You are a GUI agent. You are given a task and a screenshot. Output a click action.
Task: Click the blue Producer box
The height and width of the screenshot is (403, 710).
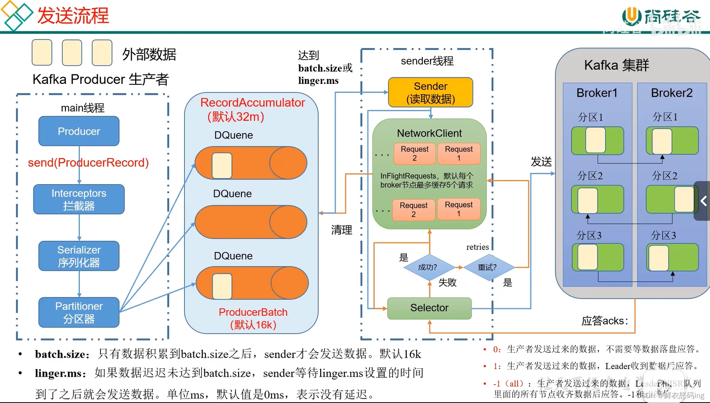coord(79,131)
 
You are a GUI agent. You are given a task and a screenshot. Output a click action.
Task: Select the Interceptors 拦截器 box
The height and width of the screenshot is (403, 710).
coord(79,199)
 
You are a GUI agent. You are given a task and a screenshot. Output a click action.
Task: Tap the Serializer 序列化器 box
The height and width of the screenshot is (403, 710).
coord(79,256)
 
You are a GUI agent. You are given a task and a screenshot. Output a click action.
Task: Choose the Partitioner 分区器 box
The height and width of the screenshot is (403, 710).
coord(79,312)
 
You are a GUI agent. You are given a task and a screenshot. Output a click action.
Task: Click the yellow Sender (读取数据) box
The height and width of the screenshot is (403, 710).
coord(430,93)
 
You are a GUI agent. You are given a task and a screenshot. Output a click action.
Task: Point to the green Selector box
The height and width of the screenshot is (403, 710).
coord(429,308)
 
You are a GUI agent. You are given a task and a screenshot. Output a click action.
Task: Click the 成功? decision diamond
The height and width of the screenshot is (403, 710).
coord(428,267)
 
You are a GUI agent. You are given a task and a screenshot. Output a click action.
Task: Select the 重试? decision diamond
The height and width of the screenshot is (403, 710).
coord(487,267)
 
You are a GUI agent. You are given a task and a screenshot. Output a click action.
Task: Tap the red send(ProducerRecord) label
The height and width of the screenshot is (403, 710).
coord(88,163)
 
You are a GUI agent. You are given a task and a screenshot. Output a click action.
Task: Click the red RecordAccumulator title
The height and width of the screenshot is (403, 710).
coord(252,103)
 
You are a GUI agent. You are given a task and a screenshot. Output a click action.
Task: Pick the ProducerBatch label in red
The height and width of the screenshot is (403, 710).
coord(253,312)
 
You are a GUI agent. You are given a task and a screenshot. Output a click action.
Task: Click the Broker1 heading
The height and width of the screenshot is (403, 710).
coord(597,93)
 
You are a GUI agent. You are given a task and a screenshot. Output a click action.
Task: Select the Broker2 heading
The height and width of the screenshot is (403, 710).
coord(671,93)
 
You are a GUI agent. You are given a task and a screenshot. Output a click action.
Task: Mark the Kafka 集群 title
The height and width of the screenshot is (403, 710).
coord(616,65)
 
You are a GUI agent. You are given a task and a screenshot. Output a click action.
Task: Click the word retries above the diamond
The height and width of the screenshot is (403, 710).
coord(477,247)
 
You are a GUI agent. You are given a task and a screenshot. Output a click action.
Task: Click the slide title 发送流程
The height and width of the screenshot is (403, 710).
coord(73,16)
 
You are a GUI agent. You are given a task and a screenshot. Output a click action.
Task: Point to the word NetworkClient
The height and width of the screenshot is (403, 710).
coord(429,133)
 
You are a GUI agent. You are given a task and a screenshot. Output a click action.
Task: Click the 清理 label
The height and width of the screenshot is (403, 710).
coord(341,230)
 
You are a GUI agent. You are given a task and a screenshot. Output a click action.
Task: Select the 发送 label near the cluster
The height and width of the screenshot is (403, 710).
coord(541,162)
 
